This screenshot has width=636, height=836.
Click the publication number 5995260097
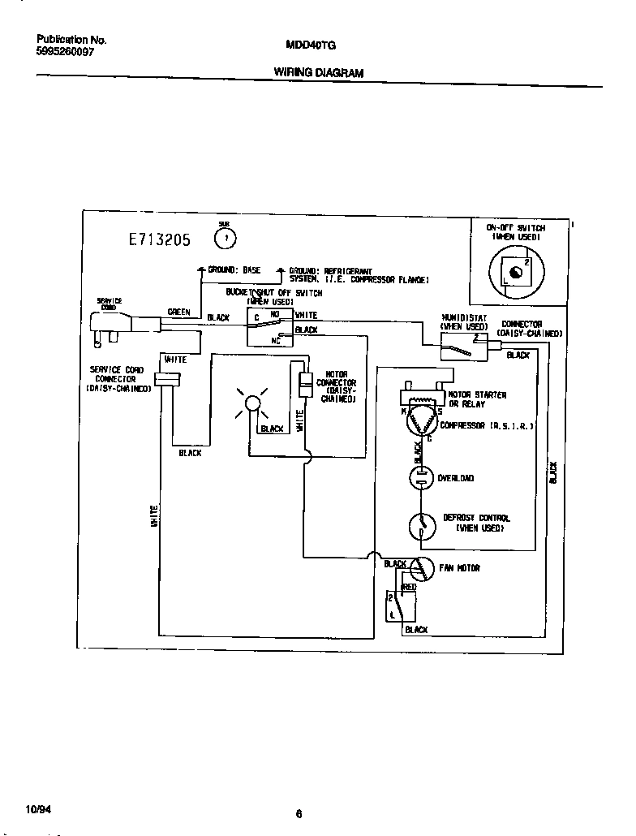pyautogui.click(x=66, y=51)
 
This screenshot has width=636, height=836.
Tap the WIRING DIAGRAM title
pyautogui.click(x=318, y=72)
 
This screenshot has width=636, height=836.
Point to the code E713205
pyautogui.click(x=159, y=239)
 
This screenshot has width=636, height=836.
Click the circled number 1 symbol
pyautogui.click(x=226, y=238)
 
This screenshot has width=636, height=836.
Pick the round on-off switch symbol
pyautogui.click(x=510, y=272)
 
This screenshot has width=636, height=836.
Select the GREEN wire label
pyautogui.click(x=178, y=312)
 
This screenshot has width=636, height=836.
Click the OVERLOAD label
pyautogui.click(x=456, y=478)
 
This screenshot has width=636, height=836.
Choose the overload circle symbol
pyautogui.click(x=420, y=478)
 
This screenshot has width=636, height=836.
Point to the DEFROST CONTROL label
pyautogui.click(x=476, y=522)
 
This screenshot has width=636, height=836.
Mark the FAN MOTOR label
pyautogui.click(x=460, y=568)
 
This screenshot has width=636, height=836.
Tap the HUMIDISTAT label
pyautogui.click(x=464, y=322)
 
